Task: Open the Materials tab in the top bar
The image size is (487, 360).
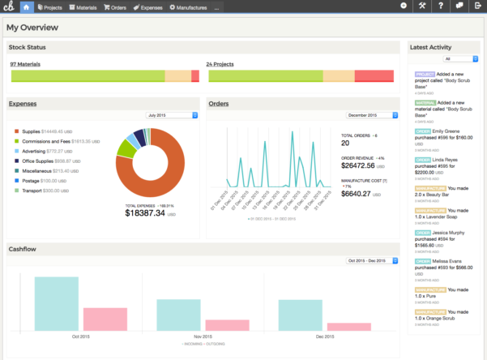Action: tap(85, 6)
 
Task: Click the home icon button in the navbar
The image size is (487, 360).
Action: tap(25, 6)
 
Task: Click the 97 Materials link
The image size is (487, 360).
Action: tap(25, 63)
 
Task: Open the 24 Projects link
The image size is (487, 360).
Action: tap(220, 63)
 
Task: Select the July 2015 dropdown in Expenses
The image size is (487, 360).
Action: tap(171, 115)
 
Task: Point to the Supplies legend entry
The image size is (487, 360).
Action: tap(32, 131)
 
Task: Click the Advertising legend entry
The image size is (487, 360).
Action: tap(34, 151)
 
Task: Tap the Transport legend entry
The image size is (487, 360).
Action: tap(32, 191)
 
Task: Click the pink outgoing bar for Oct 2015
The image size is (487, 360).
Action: tap(105, 319)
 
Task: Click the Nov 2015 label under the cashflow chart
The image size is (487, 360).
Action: tap(203, 336)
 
